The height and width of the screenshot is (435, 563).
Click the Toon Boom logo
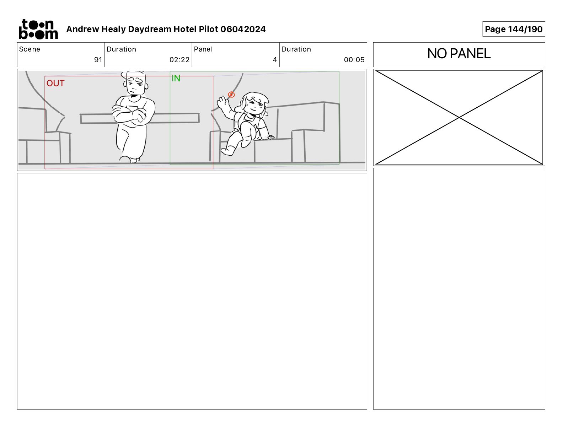pyautogui.click(x=38, y=29)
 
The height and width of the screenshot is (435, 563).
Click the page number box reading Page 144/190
pyautogui.click(x=514, y=29)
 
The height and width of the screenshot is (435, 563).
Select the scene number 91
pyautogui.click(x=98, y=60)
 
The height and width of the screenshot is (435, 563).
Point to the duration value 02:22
pyautogui.click(x=179, y=60)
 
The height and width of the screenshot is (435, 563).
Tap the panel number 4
pyautogui.click(x=275, y=60)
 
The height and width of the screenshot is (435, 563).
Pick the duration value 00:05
pyautogui.click(x=354, y=60)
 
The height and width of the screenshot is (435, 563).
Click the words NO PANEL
pyautogui.click(x=459, y=54)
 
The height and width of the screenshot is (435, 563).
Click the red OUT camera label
pyautogui.click(x=55, y=83)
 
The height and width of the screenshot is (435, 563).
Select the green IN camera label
pyautogui.click(x=176, y=78)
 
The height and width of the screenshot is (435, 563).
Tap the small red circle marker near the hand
pyautogui.click(x=231, y=95)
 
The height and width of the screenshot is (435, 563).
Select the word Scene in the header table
pyautogui.click(x=30, y=49)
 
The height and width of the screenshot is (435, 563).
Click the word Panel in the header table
pyautogui.click(x=203, y=49)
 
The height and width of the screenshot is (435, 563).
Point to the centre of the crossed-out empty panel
pyautogui.click(x=459, y=118)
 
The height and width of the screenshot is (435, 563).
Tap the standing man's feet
pyautogui.click(x=129, y=159)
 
